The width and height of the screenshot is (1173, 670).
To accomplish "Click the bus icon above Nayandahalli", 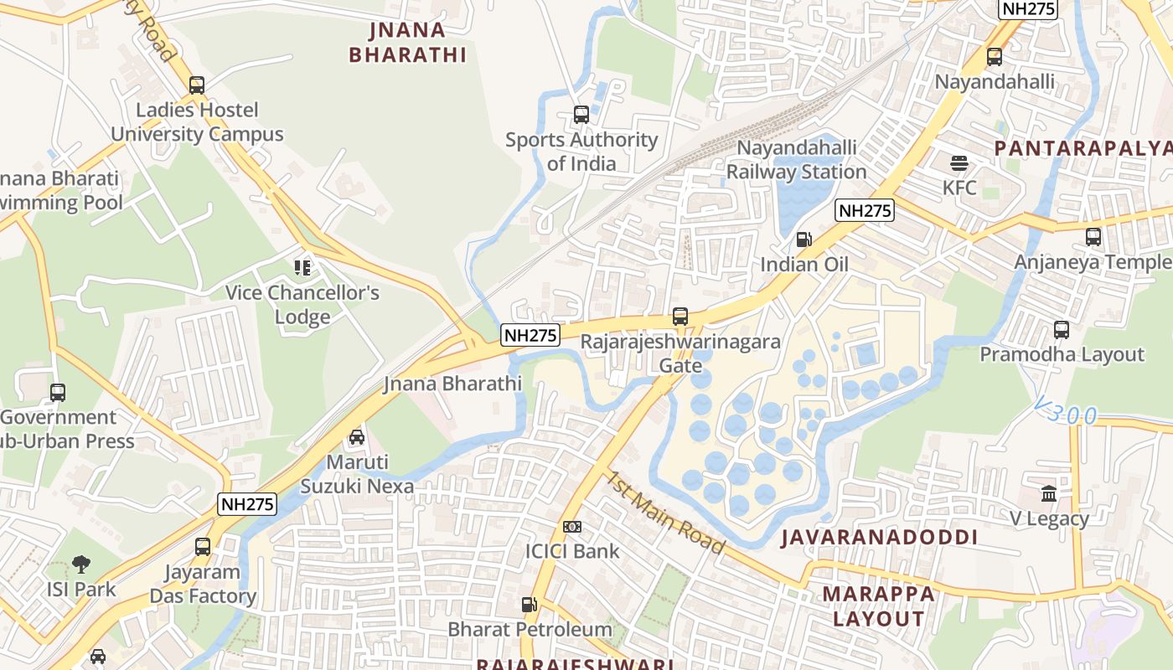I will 995,57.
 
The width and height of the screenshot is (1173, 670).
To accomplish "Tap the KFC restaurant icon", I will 959,162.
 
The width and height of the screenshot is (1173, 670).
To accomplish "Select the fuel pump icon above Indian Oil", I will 804,240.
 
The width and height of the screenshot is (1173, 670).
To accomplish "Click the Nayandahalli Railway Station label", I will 796,160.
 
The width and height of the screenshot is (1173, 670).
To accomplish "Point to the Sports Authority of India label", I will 581,152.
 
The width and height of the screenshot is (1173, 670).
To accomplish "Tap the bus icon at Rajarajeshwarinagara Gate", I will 680,317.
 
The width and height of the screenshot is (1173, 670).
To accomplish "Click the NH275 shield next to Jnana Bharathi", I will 530,336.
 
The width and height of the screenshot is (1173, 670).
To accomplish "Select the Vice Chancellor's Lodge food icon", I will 302,268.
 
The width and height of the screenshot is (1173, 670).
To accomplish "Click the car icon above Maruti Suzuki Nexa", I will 357,437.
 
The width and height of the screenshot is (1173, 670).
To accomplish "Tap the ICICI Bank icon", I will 572,527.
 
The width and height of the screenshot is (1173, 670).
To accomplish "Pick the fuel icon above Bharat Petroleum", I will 530,604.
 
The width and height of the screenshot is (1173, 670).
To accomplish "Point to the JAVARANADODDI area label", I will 879,538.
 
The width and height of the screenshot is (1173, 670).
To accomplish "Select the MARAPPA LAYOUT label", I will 878,606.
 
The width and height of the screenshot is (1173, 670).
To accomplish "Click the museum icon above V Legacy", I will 1049,493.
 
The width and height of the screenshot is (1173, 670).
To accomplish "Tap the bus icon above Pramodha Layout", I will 1062,330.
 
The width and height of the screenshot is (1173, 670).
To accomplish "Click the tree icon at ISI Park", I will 81,564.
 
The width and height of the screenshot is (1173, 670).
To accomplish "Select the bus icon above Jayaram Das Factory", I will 203,547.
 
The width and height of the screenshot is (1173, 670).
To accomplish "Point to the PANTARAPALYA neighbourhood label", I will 1083,148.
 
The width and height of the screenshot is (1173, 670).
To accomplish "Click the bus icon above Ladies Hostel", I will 197,85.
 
